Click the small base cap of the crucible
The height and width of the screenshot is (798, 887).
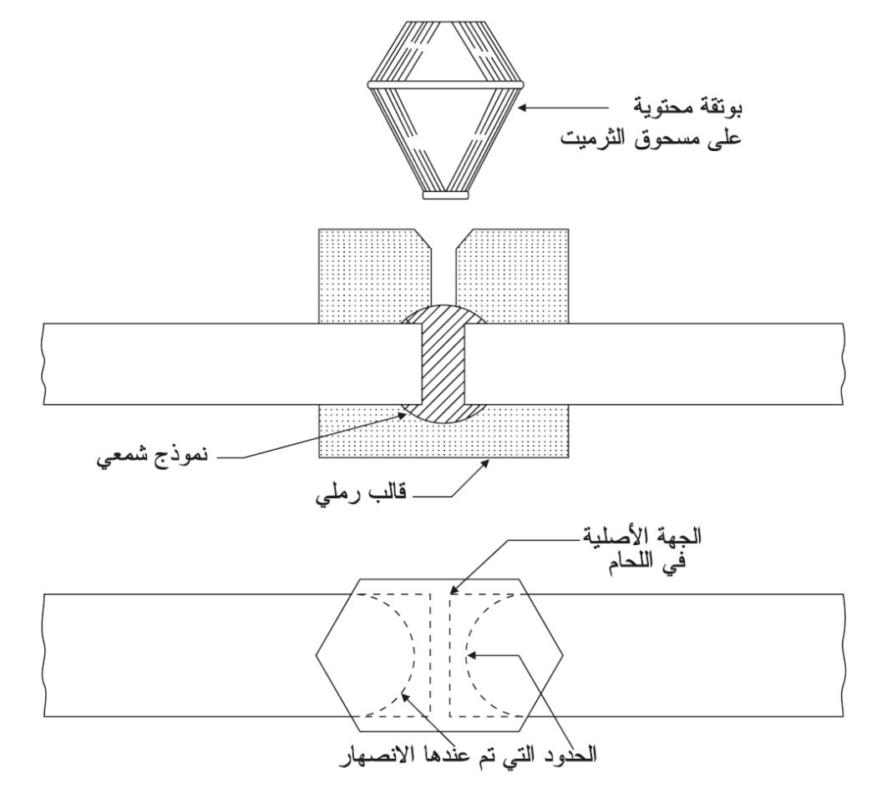(x=446, y=194)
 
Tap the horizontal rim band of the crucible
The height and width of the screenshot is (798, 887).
(x=446, y=85)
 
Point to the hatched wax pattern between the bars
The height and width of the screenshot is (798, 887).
(x=443, y=364)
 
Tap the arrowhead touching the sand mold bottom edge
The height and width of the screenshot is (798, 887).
(x=484, y=463)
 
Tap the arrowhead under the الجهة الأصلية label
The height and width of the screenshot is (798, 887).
(x=454, y=590)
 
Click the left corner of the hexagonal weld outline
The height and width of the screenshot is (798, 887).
(x=316, y=655)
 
